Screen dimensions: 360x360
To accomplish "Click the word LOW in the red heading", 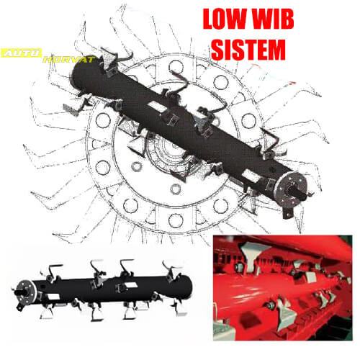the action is (225, 19).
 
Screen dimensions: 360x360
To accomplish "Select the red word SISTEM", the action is (248, 50).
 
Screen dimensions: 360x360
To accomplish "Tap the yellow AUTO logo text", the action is (22, 53).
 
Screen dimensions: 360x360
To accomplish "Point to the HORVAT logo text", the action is (70, 59).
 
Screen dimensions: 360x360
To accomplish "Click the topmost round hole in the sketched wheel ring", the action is (176, 67).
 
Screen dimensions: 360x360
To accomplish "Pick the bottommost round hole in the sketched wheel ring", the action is (176, 220).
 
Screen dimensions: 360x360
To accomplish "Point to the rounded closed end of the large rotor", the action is (79, 73).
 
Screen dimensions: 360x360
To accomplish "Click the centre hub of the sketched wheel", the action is (168, 148).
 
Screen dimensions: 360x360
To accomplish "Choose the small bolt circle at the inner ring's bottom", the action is (176, 189).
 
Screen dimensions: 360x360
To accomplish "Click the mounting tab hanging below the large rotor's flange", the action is (289, 212).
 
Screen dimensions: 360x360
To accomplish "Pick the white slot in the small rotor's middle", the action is (130, 285).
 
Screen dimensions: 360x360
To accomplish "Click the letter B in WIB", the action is (285, 19).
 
